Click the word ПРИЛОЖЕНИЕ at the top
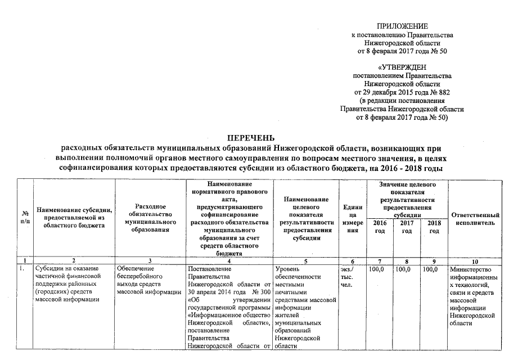(402, 26)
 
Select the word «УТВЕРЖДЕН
(402, 67)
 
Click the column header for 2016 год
(380, 228)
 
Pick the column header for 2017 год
(407, 228)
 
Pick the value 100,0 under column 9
(430, 269)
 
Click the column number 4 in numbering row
(229, 262)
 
